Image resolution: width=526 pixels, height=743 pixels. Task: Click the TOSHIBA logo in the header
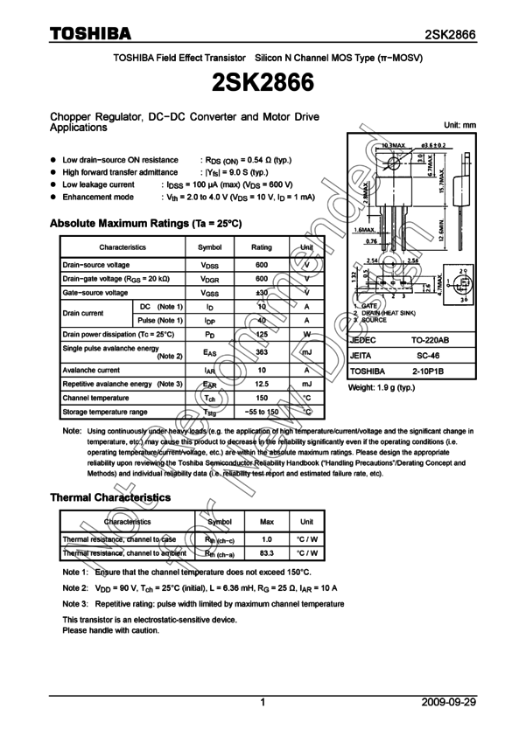coord(90,33)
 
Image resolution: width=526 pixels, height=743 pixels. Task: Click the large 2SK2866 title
coord(263,83)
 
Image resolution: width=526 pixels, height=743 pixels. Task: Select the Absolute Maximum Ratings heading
coord(146,224)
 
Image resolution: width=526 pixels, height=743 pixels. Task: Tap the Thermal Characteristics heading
coord(110,497)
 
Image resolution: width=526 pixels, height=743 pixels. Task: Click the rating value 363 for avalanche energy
coord(262,352)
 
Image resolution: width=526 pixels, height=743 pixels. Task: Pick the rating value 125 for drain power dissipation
coord(262,335)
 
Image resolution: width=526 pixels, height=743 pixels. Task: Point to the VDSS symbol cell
coord(210,265)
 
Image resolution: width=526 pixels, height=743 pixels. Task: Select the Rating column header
coord(262,247)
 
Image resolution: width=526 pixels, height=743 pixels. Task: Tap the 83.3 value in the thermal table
coord(267,553)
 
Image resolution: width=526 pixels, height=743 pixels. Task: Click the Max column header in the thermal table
coord(267,522)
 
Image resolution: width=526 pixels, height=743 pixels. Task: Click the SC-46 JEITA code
coord(428,356)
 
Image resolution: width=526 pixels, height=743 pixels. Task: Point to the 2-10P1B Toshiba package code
coord(428,371)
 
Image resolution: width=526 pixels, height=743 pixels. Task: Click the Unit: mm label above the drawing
coord(460,126)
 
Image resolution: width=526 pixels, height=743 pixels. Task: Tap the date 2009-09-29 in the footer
coord(448,702)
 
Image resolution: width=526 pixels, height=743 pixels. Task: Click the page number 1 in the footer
coord(263,702)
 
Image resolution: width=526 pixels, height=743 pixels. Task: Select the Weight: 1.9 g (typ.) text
coord(382,387)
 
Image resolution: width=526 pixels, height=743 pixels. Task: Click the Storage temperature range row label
coord(104,412)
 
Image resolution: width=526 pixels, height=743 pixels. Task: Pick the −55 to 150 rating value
coord(262,412)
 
